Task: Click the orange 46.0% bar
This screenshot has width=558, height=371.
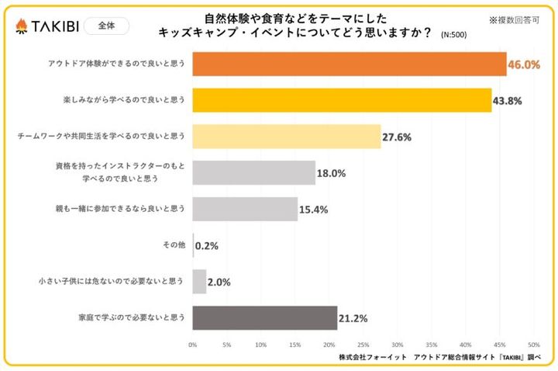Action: tap(349, 64)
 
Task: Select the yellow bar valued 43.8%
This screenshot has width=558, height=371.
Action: tap(341, 100)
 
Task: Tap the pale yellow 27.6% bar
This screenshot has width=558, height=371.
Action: tap(286, 136)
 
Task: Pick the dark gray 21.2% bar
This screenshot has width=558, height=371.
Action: tap(264, 317)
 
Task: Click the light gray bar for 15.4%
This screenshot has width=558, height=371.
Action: tap(245, 209)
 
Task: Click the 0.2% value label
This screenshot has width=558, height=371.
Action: tap(207, 246)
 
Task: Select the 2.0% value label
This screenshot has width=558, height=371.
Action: tap(220, 282)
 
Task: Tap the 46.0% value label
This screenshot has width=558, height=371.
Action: tap(523, 65)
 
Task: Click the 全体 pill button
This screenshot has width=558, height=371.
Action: tap(105, 26)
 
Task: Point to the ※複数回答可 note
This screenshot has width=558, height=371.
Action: tap(515, 19)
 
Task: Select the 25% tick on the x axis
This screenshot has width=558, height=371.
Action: tap(363, 344)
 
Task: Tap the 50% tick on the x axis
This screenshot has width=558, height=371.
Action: tap(533, 344)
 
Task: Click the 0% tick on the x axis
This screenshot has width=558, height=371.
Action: tap(192, 344)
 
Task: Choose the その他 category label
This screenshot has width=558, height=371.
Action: tap(174, 245)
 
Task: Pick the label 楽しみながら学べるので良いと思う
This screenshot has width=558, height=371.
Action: tap(124, 100)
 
